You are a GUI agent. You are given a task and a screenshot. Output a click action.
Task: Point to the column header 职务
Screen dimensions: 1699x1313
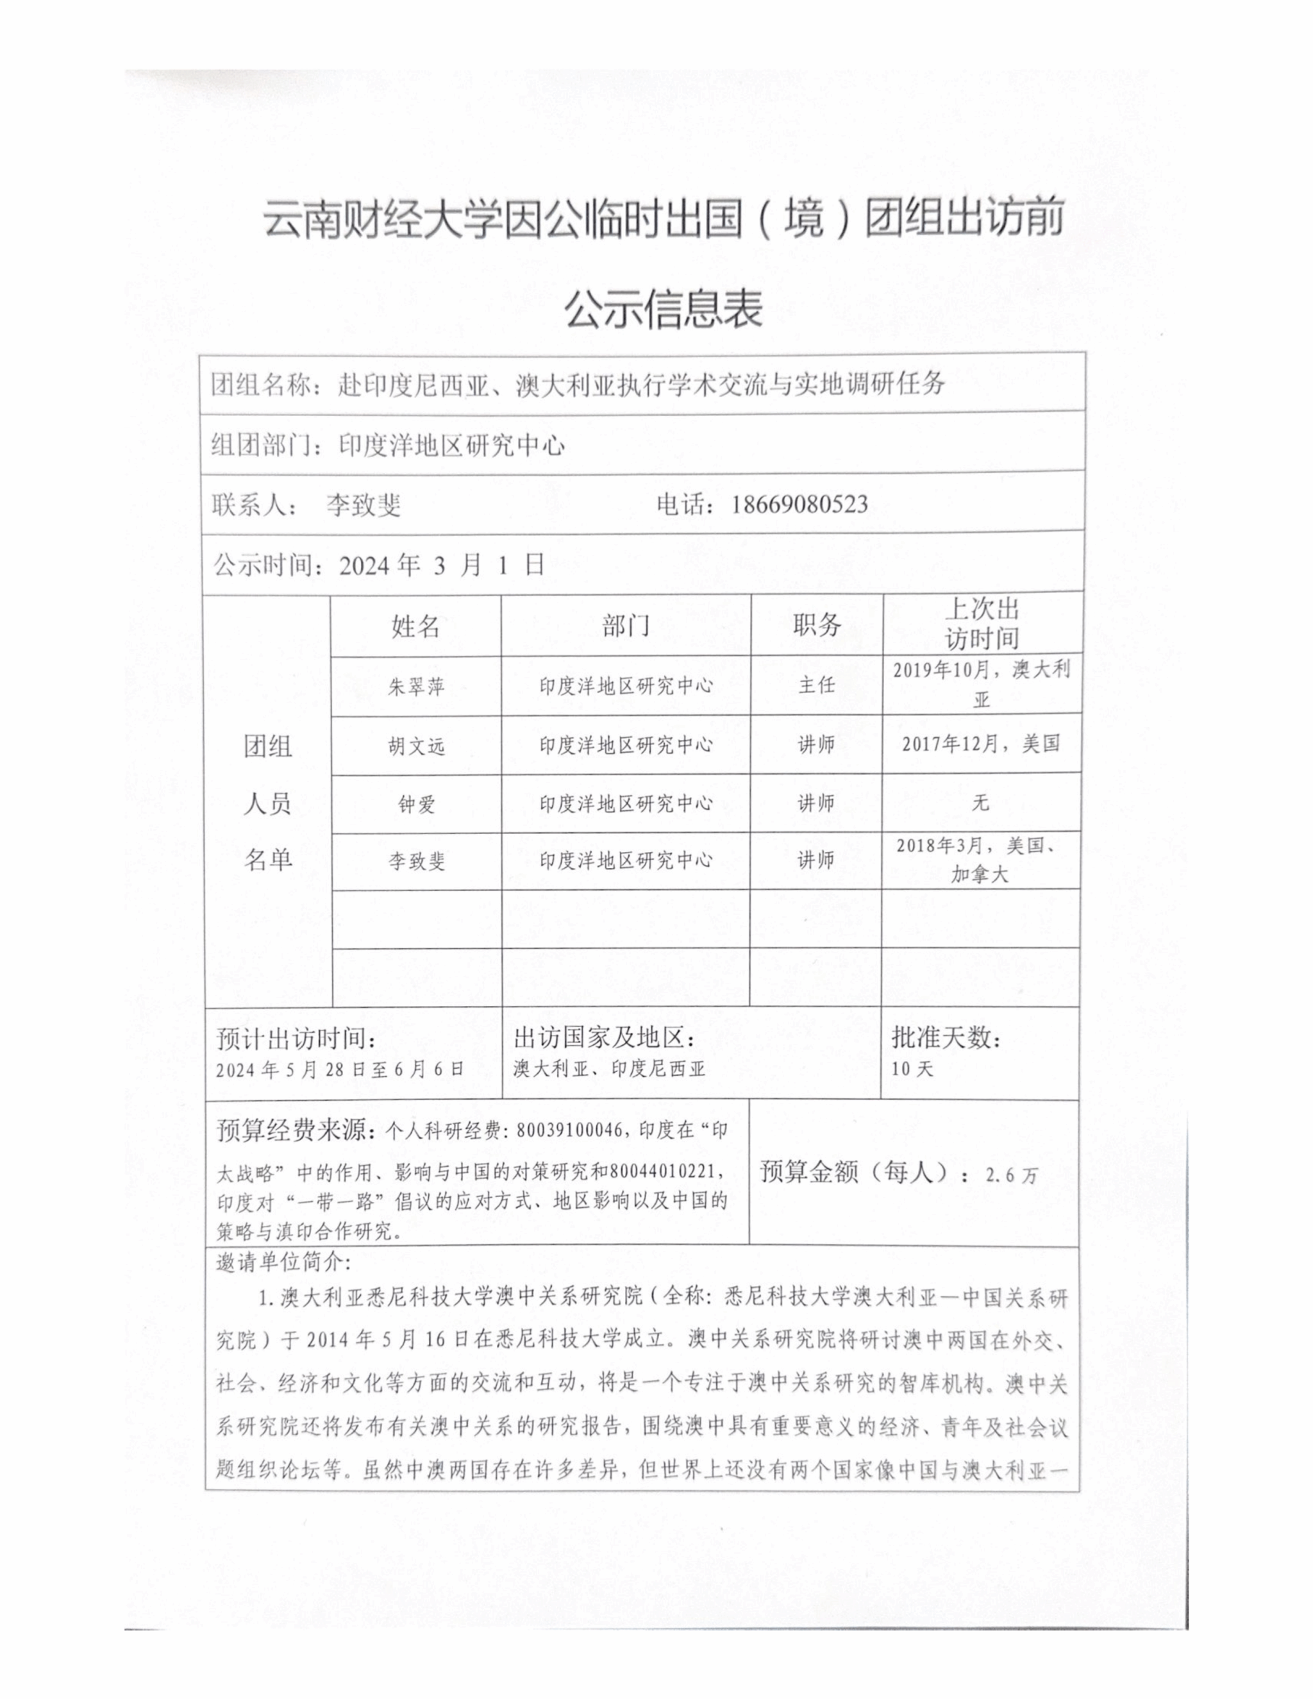pyautogui.click(x=817, y=624)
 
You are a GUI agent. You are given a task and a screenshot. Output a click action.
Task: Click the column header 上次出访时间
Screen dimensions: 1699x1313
pyautogui.click(x=982, y=624)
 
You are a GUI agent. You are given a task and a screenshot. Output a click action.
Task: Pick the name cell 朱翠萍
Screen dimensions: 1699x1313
pyautogui.click(x=416, y=686)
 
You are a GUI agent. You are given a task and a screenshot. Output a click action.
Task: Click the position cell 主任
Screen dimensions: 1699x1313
pyautogui.click(x=817, y=685)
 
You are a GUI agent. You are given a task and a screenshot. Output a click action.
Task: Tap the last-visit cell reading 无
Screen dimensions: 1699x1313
pyautogui.click(x=981, y=802)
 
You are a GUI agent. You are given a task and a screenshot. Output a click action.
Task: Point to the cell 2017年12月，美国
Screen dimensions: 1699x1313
pyautogui.click(x=981, y=744)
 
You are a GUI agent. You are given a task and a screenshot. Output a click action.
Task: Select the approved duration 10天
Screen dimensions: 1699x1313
pyautogui.click(x=912, y=1069)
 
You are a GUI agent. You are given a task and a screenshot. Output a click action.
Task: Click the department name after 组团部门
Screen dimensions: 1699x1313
pyautogui.click(x=452, y=446)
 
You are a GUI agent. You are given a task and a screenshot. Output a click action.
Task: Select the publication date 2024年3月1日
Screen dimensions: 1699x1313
pyautogui.click(x=441, y=565)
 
